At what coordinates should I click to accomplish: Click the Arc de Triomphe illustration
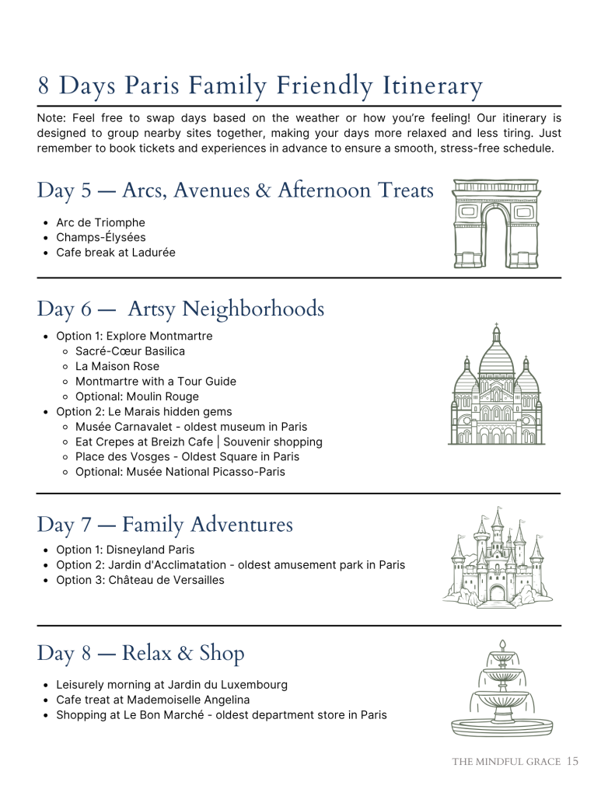[496, 224]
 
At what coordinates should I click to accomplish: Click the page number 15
[572, 762]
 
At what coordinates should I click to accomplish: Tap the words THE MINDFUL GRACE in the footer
[506, 762]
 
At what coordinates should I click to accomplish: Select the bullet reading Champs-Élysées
[100, 237]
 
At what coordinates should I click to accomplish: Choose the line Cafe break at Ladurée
[115, 252]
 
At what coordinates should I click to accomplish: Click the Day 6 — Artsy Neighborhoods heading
[180, 309]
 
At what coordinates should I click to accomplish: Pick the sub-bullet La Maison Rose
[117, 366]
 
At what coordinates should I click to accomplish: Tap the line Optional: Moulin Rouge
[137, 396]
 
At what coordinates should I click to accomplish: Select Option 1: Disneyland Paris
[125, 550]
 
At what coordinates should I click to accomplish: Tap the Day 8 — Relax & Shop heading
[140, 654]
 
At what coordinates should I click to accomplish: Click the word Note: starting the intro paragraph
[52, 118]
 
